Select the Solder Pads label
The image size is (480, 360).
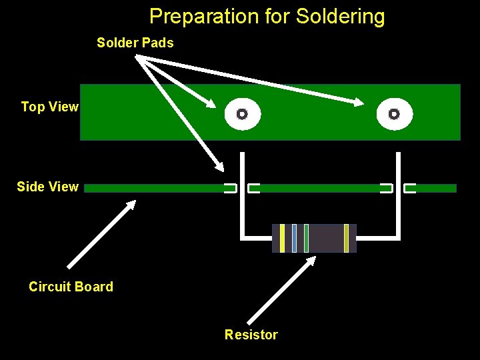pos(135,43)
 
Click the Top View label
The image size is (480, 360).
pos(49,107)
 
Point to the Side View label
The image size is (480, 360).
pos(47,187)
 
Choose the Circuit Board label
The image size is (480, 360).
pos(71,287)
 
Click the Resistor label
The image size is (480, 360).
pos(251,335)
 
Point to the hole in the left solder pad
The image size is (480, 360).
pos(242,114)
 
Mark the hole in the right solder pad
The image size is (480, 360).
pos(394,114)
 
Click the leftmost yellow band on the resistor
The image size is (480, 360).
pos(283,238)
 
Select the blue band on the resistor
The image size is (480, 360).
pos(294,238)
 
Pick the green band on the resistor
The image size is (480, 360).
pos(306,238)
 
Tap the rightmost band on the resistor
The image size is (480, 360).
pos(346,238)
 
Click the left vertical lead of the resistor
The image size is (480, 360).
pos(243,193)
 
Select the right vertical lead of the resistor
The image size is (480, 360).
pos(398,193)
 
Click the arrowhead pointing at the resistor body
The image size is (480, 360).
pos(310,262)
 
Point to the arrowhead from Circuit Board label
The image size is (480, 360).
pos(131,205)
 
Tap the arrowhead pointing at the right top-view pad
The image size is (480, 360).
pos(360,103)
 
